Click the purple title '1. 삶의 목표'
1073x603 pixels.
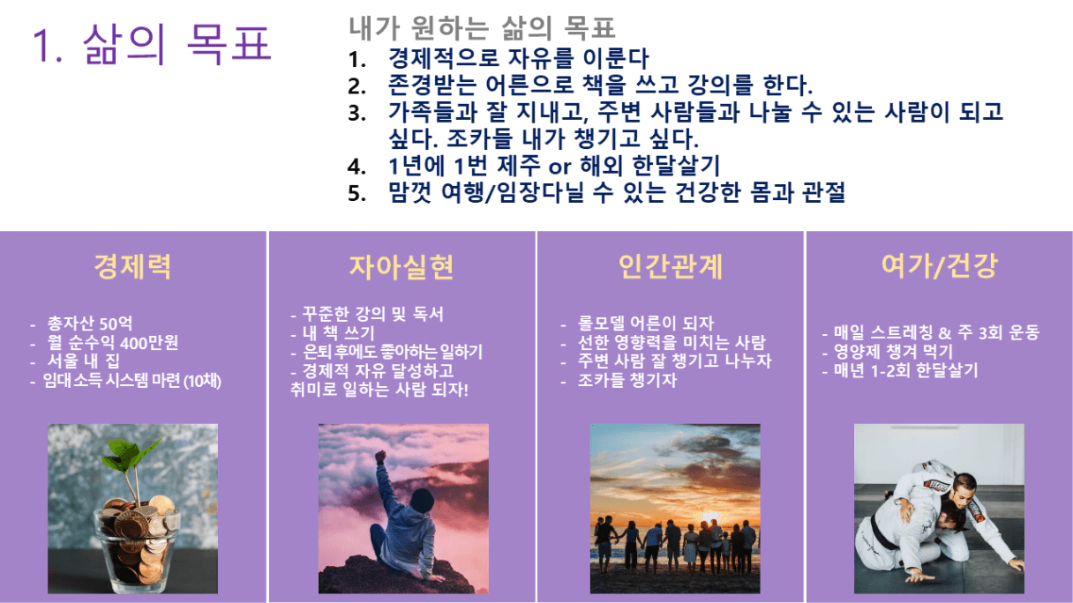pos(152,44)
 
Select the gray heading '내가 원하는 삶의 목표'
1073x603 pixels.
pos(482,27)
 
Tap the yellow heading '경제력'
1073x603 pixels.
pos(132,266)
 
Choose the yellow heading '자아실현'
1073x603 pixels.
pos(401,266)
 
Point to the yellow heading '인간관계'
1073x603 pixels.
pos(671,266)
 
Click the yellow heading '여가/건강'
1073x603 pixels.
pos(940,266)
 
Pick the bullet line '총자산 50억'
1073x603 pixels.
pos(90,324)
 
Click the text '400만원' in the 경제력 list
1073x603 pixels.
pos(149,343)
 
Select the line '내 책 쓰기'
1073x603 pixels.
pos(338,332)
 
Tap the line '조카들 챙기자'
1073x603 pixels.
pos(627,380)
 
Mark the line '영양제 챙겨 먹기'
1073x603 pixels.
pos(893,351)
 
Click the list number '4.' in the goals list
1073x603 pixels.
pos(356,167)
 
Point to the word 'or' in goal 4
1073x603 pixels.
pos(559,167)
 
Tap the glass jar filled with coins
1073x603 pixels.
pos(137,546)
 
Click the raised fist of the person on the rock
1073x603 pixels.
pos(380,457)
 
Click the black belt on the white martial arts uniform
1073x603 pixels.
pos(876,532)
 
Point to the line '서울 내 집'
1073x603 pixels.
pos(83,361)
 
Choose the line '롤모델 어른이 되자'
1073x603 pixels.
pos(645,324)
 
